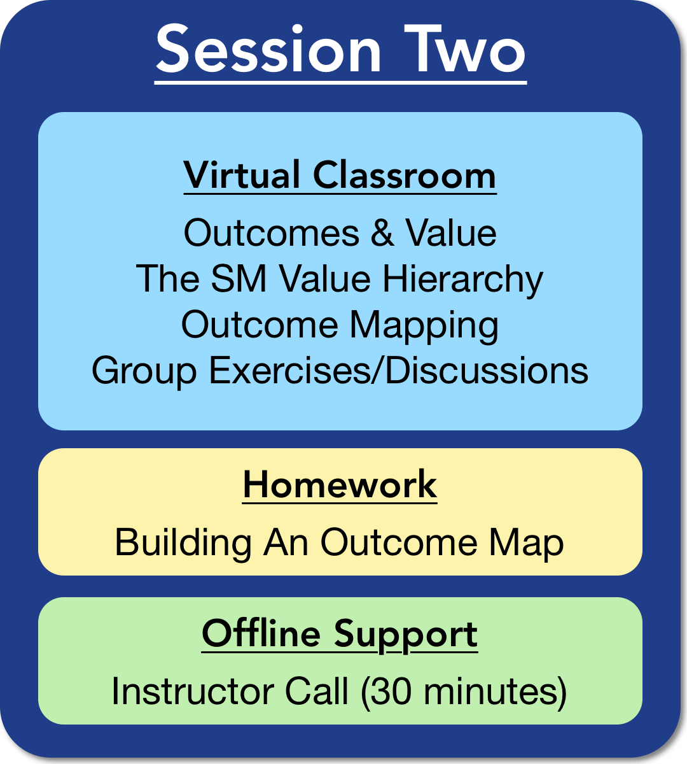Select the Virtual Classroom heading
[x=340, y=175]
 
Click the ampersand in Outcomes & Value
[x=382, y=233]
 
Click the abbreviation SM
[x=239, y=278]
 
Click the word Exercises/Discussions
[x=398, y=370]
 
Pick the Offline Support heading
[x=340, y=635]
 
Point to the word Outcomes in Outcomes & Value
[x=272, y=233]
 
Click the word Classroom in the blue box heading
[x=405, y=175]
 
